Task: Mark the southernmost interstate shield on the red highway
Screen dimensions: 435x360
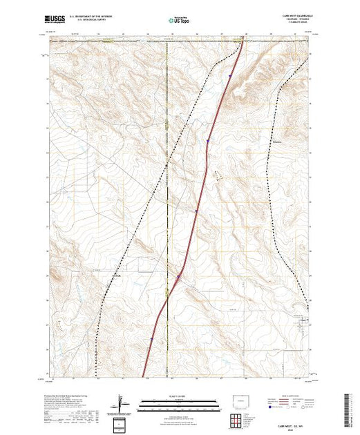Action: point(151,338)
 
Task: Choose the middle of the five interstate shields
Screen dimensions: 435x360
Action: point(196,211)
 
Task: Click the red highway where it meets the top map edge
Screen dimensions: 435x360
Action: point(244,36)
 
